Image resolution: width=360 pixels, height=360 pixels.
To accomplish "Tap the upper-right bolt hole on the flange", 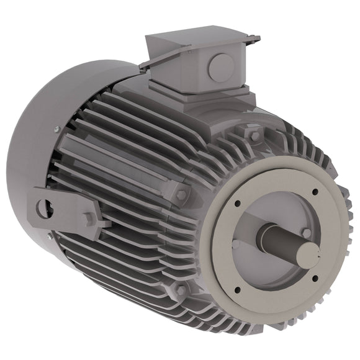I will tap(315, 192).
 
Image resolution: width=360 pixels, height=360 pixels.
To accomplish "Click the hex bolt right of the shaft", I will tap(305, 233).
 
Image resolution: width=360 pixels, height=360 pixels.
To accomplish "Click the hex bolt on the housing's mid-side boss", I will tap(181, 194).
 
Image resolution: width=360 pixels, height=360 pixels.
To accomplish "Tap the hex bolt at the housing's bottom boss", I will tap(179, 289).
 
